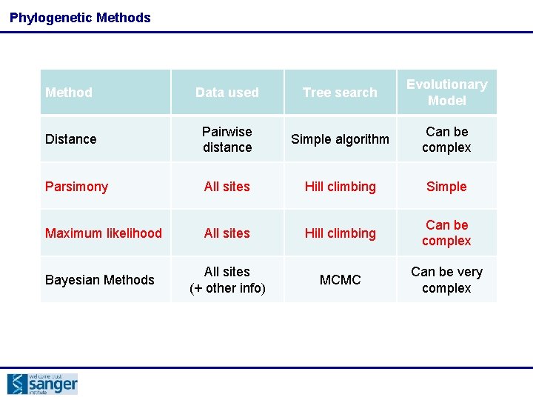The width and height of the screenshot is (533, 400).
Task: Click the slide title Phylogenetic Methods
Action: click(x=80, y=18)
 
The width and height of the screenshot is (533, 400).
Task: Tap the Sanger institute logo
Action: click(x=42, y=384)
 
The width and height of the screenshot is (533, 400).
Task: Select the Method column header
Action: click(x=69, y=93)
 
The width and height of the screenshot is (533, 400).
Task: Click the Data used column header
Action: click(x=227, y=93)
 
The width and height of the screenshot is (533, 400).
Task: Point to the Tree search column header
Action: click(x=340, y=93)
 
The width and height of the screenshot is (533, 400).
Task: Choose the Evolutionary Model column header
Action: click(x=446, y=93)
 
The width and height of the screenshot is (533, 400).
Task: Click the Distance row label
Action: click(x=71, y=139)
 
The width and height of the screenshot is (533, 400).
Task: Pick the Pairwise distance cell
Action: click(x=227, y=139)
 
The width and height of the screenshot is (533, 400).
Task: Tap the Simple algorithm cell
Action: click(x=340, y=139)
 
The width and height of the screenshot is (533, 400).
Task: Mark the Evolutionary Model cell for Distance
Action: click(x=446, y=139)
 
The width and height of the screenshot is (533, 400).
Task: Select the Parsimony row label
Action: click(x=76, y=187)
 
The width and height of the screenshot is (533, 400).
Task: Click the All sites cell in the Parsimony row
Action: click(x=227, y=187)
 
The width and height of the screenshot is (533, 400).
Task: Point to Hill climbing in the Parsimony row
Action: click(x=340, y=187)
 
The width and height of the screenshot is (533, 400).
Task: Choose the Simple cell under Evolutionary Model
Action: click(x=446, y=187)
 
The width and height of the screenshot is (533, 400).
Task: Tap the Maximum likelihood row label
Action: click(x=104, y=233)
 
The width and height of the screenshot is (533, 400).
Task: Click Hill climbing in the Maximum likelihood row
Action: click(x=340, y=233)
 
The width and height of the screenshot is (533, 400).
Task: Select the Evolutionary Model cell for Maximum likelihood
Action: click(x=446, y=233)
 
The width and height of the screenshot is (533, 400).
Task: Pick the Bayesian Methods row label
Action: click(x=100, y=280)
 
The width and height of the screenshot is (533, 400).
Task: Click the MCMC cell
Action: click(x=340, y=280)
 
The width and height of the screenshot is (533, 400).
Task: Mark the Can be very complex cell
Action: click(x=446, y=280)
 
